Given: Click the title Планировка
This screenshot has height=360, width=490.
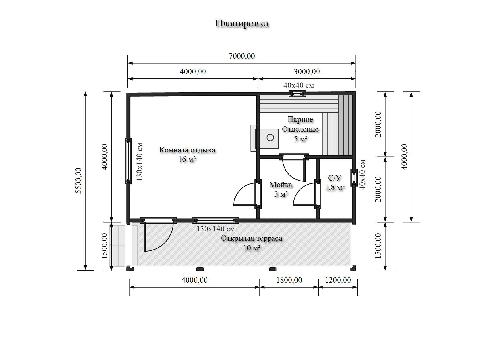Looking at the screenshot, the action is pyautogui.click(x=242, y=24).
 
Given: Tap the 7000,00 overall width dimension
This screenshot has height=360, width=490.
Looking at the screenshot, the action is pyautogui.click(x=242, y=56).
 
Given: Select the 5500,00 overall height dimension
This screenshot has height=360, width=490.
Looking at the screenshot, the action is pyautogui.click(x=78, y=181).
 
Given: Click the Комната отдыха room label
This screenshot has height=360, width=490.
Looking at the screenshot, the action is pyautogui.click(x=187, y=150).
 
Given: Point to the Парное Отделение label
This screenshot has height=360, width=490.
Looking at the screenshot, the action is pyautogui.click(x=300, y=124).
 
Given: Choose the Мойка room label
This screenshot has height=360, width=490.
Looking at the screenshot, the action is pyautogui.click(x=281, y=185).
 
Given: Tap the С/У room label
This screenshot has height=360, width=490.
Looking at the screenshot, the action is pyautogui.click(x=334, y=178).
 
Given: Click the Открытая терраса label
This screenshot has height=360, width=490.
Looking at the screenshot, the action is pyautogui.click(x=251, y=238).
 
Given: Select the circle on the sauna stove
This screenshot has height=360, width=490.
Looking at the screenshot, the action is pyautogui.click(x=270, y=137).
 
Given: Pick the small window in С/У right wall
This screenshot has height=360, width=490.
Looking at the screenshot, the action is pyautogui.click(x=354, y=177).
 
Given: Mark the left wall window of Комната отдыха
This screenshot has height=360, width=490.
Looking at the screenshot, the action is pyautogui.click(x=128, y=161).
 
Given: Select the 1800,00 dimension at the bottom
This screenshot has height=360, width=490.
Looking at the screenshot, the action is pyautogui.click(x=289, y=280).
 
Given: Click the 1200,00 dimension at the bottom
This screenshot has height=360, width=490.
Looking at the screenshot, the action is pyautogui.click(x=338, y=280).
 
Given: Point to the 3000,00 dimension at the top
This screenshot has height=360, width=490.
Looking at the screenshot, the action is pyautogui.click(x=307, y=72).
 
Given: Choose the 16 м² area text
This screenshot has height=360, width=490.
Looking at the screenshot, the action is pyautogui.click(x=187, y=160).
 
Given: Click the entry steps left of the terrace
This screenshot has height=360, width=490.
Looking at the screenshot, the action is pyautogui.click(x=117, y=246).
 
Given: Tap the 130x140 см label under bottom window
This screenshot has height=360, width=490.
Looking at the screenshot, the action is pyautogui.click(x=216, y=229).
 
